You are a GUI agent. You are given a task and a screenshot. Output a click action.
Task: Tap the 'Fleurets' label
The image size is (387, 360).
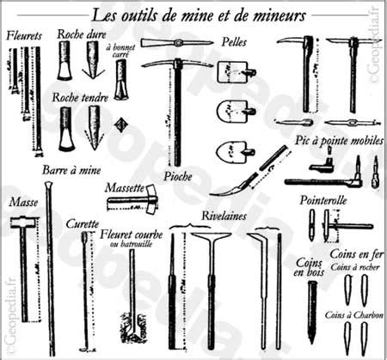click(x=24, y=38)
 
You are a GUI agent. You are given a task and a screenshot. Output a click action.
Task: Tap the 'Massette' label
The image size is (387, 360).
click(x=124, y=186)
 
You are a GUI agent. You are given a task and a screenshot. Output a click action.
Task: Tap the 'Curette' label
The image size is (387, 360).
click(x=83, y=223)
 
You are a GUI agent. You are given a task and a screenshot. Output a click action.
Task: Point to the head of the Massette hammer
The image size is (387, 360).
click(x=147, y=200)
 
